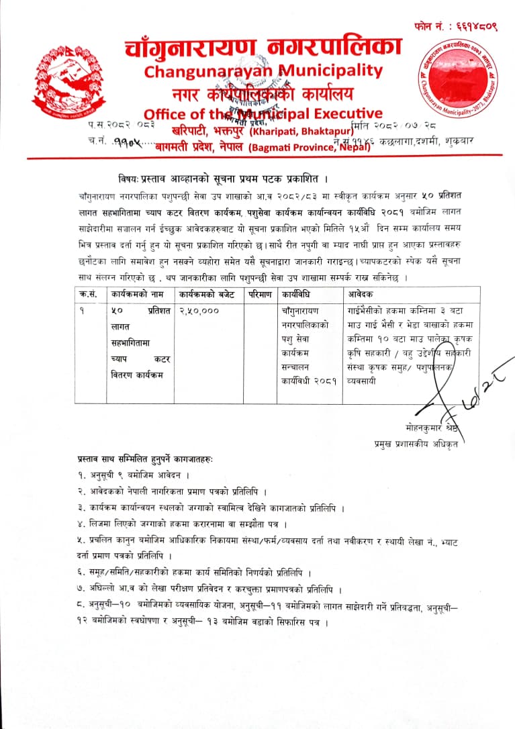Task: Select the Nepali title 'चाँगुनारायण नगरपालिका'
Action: click(263, 46)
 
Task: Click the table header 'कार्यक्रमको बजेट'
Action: click(208, 293)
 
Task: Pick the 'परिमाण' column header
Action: click(259, 293)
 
